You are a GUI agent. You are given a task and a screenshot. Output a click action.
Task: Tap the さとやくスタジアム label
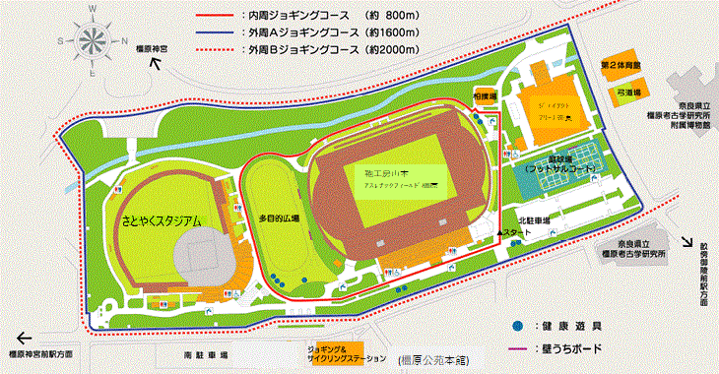(162, 222)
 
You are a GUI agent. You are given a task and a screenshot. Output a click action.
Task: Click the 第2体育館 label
(621, 65)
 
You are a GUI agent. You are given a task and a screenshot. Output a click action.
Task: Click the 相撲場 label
(483, 96)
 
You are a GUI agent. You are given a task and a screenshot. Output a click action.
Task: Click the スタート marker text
(519, 233)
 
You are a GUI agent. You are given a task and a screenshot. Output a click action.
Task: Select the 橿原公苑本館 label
(437, 361)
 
